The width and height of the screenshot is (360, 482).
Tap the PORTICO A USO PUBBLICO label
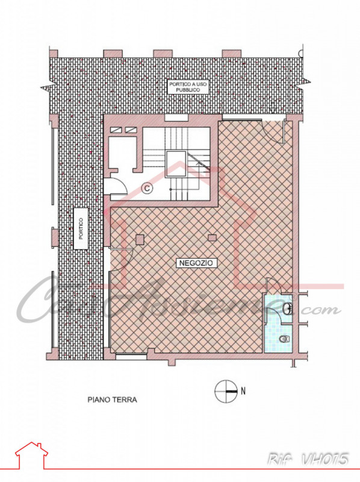[188, 86]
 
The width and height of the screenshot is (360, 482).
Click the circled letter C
[147, 188]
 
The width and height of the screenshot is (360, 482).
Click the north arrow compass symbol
[225, 392]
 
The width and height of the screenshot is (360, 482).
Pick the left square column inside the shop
[140, 239]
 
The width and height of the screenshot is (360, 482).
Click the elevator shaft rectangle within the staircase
[176, 163]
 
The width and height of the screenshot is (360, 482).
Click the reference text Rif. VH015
[308, 460]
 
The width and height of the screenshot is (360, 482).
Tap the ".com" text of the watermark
[321, 310]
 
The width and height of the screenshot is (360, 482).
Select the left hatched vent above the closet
[114, 130]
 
